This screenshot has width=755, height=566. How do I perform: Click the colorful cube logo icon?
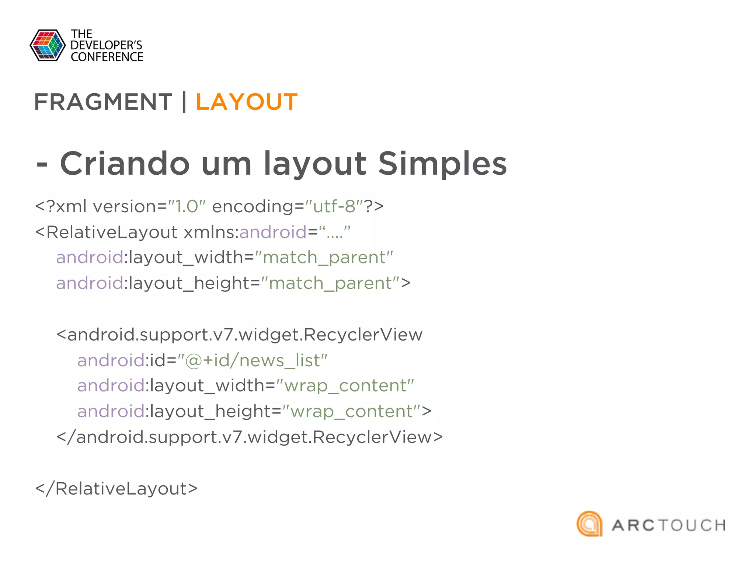click(48, 45)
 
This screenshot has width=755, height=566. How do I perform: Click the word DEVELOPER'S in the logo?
click(106, 45)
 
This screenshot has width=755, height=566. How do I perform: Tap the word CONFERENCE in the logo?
click(107, 57)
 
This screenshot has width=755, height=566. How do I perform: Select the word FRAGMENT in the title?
click(103, 102)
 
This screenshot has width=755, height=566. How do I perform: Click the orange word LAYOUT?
click(246, 102)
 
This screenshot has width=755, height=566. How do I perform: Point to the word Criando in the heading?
click(125, 164)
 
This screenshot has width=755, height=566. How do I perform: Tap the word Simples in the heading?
click(442, 164)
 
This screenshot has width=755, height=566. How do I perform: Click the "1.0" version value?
click(187, 206)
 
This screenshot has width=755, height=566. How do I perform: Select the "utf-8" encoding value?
click(334, 206)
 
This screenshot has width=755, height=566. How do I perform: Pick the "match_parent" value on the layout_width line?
click(324, 257)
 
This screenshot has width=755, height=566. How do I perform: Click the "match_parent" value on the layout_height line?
click(331, 283)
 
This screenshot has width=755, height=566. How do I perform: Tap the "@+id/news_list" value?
click(252, 360)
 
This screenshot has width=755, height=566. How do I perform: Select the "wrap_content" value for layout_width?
click(345, 386)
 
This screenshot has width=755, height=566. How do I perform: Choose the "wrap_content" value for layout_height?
click(351, 411)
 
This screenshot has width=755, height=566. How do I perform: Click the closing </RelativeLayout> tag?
click(116, 489)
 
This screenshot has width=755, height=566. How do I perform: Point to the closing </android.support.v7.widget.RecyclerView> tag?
click(250, 437)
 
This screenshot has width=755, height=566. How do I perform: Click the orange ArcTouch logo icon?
click(589, 524)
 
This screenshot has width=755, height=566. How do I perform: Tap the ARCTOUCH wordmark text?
click(668, 525)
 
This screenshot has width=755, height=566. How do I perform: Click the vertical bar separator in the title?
click(184, 102)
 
